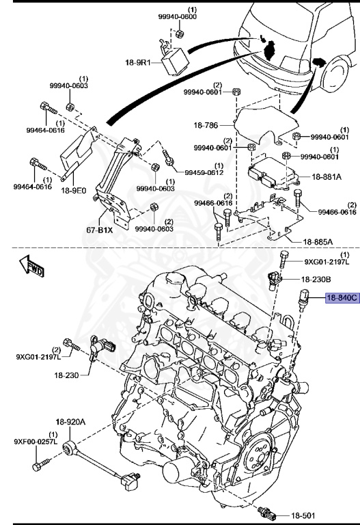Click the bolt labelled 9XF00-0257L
pyautogui.click(x=38, y=467)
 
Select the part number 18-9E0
pyautogui.click(x=76, y=193)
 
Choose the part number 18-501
pyautogui.click(x=305, y=514)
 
